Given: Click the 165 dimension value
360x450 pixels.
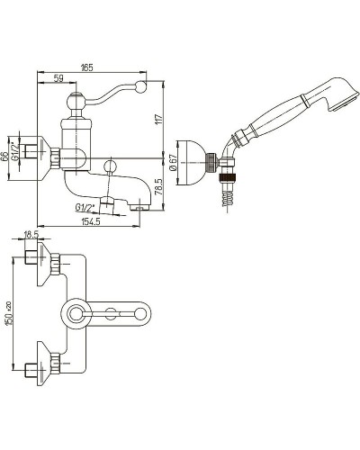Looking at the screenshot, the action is (x=87, y=67).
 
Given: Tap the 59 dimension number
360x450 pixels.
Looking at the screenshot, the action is (x=58, y=78).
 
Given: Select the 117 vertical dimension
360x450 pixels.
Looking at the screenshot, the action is (x=159, y=119).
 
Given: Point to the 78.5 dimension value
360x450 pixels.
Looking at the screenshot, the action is (x=159, y=187).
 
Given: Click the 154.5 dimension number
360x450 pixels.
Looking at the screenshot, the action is (x=91, y=221).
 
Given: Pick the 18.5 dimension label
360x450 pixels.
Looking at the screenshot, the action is (x=31, y=235).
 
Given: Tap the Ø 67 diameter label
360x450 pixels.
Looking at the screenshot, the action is (x=174, y=163).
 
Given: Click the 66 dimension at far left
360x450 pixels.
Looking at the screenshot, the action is (x=4, y=157).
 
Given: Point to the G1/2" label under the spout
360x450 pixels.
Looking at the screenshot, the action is (x=85, y=207).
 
